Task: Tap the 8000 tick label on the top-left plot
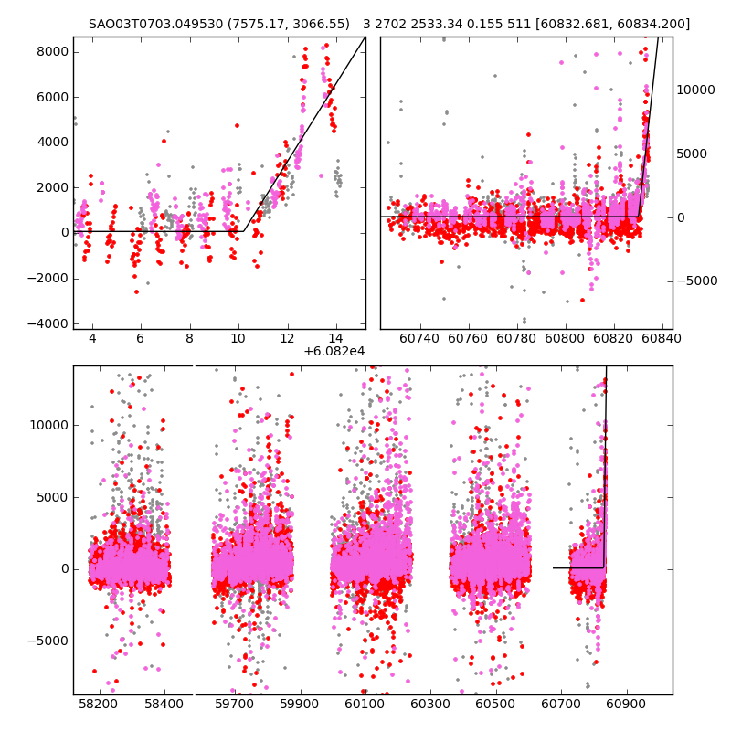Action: (51, 51)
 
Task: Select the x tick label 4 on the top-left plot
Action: (92, 339)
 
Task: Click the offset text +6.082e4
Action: (334, 351)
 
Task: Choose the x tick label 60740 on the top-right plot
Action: (420, 339)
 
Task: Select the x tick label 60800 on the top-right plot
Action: (565, 339)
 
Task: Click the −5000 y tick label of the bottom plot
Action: (48, 641)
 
